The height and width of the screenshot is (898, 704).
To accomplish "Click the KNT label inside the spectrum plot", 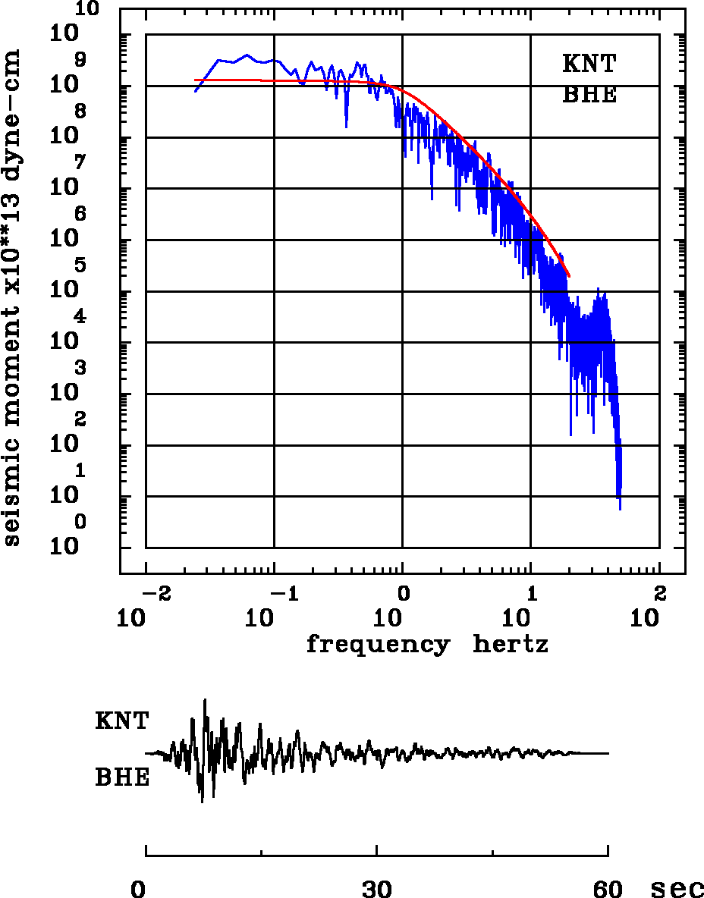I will [589, 64].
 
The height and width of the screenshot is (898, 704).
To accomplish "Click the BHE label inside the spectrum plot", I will [589, 96].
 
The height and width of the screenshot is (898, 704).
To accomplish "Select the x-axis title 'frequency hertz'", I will [427, 645].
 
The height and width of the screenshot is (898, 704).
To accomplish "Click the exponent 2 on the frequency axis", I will [659, 592].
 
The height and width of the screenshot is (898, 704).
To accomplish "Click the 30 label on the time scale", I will [377, 888].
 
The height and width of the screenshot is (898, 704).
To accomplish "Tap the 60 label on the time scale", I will [608, 888].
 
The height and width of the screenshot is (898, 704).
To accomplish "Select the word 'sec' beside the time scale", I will [677, 888].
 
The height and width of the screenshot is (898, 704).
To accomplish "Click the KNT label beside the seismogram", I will [122, 721].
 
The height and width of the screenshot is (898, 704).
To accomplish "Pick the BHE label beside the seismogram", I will [122, 778].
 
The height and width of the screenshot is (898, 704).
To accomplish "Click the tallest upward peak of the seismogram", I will [205, 700].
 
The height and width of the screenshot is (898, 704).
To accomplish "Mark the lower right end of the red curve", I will [569, 276].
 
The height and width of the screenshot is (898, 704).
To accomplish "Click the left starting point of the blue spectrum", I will [195, 92].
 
